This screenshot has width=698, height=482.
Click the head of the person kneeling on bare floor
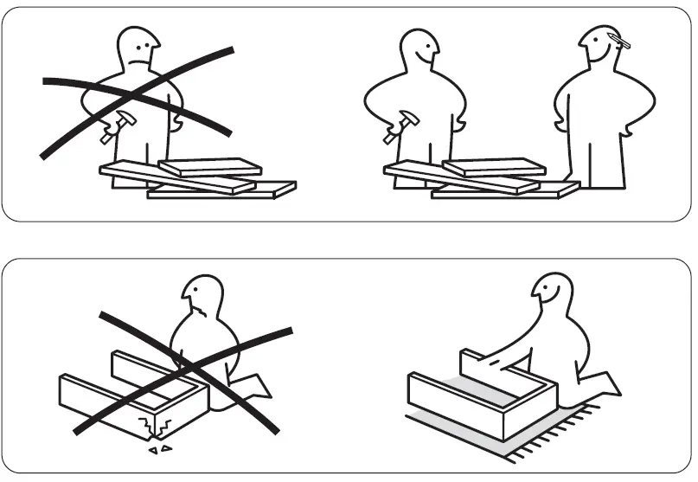tap(203, 299)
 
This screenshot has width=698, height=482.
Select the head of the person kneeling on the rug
tap(552, 295)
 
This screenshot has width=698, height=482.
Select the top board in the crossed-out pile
tap(210, 167)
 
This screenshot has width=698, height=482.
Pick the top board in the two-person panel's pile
tap(494, 167)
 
